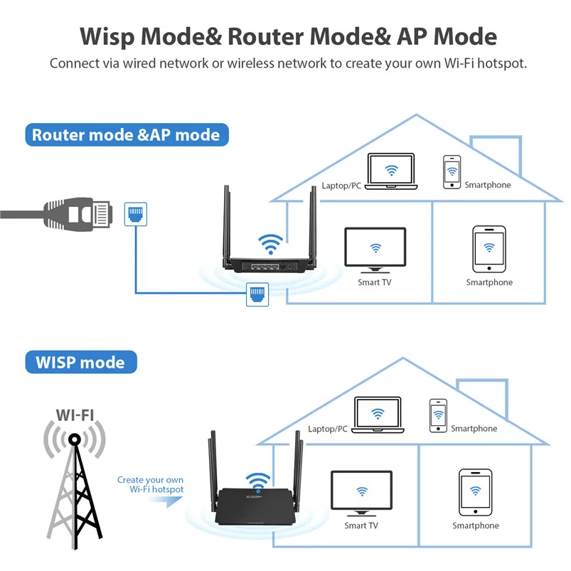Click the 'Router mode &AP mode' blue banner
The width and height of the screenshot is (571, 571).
click(126, 134)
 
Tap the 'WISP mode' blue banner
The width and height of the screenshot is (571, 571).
click(80, 362)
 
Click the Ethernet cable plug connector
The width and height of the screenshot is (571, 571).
click(79, 211)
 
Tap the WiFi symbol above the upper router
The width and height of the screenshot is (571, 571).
click(270, 244)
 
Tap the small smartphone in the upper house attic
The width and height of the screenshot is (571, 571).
click(451, 172)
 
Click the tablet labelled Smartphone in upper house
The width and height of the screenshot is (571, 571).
click(489, 249)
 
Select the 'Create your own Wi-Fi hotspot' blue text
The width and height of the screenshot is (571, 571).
click(151, 485)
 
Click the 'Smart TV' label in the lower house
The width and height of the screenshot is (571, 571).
click(361, 525)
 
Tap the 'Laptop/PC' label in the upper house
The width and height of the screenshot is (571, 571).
click(342, 186)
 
